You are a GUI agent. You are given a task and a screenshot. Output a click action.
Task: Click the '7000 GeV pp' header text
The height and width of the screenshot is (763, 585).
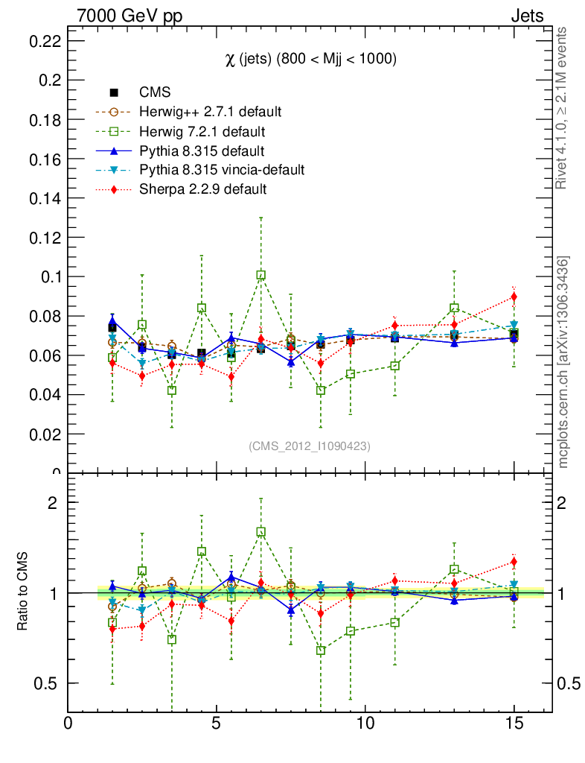tap(130, 16)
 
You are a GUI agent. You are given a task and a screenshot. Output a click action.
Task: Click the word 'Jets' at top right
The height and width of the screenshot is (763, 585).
tap(526, 16)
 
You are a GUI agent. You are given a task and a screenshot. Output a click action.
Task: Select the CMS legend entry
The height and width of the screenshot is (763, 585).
tap(155, 92)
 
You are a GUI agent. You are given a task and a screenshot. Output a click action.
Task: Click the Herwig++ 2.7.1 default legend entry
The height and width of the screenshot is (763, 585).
tap(210, 112)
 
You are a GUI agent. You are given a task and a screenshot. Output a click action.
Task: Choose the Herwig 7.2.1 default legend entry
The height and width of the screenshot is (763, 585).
tap(202, 131)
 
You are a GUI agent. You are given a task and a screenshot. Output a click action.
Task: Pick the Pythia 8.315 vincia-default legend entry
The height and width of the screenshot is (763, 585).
tap(222, 170)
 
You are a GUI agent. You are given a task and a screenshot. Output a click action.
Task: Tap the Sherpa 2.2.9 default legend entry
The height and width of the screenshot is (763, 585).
tap(202, 189)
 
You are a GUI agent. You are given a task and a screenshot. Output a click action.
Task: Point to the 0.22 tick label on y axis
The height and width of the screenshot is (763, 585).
tap(44, 41)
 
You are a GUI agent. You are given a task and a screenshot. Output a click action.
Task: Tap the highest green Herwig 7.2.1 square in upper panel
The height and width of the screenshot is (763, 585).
tap(260, 275)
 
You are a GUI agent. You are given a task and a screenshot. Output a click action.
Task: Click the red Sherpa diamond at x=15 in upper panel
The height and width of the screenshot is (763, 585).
tap(514, 297)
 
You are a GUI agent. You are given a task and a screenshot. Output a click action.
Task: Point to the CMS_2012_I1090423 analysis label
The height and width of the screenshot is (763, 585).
tap(309, 446)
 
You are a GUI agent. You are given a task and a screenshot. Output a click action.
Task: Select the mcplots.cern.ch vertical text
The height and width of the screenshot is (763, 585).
tap(563, 362)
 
